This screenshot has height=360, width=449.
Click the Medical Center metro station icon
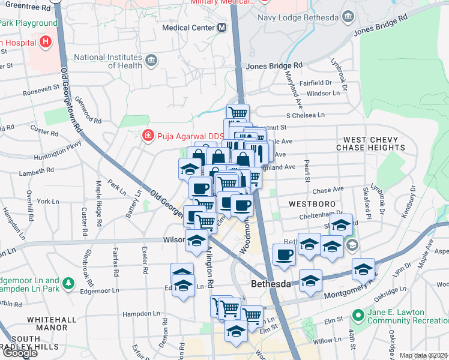pyautogui.click(x=222, y=28)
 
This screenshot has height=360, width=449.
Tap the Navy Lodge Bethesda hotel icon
pyautogui.click(x=347, y=17)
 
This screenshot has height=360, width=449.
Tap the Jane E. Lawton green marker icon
pyautogui.click(x=358, y=314)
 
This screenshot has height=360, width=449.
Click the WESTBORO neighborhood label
pyautogui.click(x=311, y=203)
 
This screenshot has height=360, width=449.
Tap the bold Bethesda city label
pyautogui.click(x=271, y=283)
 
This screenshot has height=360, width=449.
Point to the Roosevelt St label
pyautogui.click(x=41, y=93)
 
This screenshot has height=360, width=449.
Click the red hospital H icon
pyautogui.click(x=45, y=43)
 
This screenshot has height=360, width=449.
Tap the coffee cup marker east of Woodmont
pyautogui.click(x=283, y=254)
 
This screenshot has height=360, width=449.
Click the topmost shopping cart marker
pyautogui.click(x=238, y=112)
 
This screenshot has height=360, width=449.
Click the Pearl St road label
pyautogui.click(x=306, y=171)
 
